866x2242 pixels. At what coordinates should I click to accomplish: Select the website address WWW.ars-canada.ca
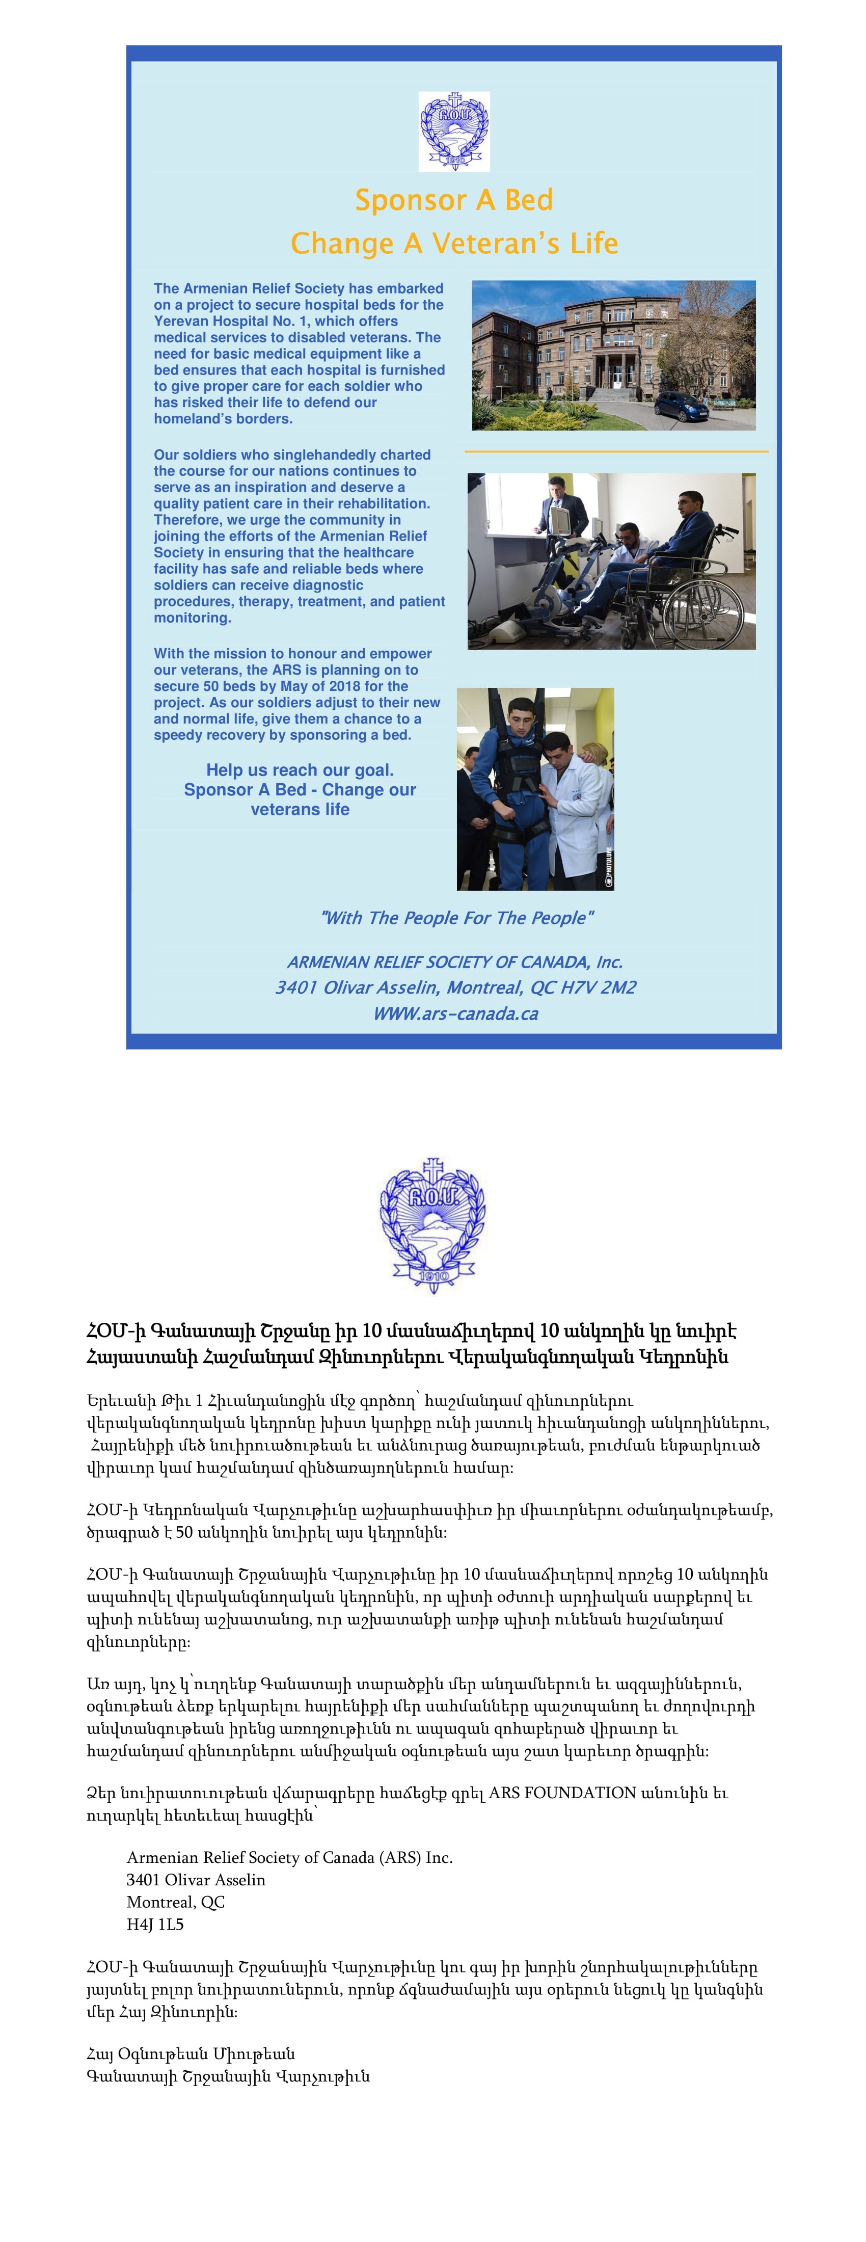(x=455, y=1014)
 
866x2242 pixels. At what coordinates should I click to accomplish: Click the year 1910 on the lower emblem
(x=432, y=1276)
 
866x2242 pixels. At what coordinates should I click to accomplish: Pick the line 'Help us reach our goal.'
(x=300, y=770)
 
